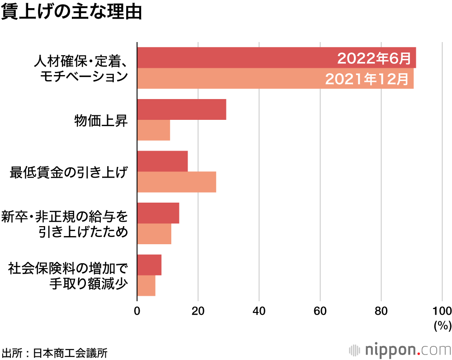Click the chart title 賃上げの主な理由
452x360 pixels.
tap(71, 13)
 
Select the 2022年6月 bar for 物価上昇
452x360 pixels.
tap(181, 109)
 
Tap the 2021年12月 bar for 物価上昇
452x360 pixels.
tap(153, 130)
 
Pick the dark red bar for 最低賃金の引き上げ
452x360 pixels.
tap(162, 161)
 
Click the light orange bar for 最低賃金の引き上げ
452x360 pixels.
tap(176, 182)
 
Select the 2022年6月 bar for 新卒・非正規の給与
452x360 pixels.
tap(158, 213)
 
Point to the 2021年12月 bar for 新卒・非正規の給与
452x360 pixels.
tap(154, 234)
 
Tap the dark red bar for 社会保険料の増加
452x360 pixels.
tap(149, 265)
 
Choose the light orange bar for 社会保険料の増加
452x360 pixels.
tap(146, 286)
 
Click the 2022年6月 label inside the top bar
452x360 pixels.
tap(374, 58)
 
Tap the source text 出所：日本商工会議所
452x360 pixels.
tap(55, 353)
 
